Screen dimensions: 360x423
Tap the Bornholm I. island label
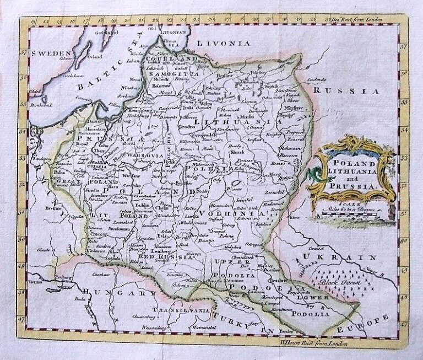point(41,103)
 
